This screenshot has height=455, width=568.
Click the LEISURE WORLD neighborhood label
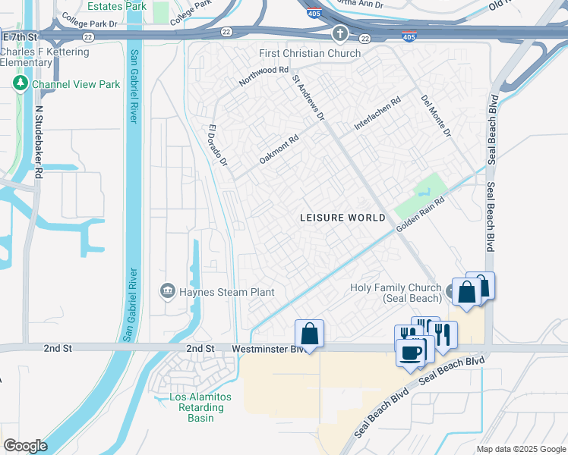(x=342, y=218)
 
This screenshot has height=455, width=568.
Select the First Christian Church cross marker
(x=339, y=35)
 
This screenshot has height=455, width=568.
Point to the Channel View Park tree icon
(x=21, y=84)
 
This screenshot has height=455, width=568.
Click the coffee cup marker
(x=411, y=353)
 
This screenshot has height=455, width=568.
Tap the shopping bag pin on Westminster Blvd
(x=309, y=334)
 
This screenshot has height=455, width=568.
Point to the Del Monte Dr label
(x=436, y=116)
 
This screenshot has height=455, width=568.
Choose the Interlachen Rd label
(x=377, y=112)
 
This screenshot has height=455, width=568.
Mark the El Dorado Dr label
(x=217, y=146)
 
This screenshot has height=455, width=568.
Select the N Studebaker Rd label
(x=38, y=142)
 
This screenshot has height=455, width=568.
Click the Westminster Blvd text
(x=263, y=348)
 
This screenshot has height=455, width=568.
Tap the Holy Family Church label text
(x=395, y=293)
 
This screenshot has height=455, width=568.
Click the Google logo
(x=25, y=446)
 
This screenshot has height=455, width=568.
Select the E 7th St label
(x=20, y=36)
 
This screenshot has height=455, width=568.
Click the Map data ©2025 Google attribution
(x=521, y=449)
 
